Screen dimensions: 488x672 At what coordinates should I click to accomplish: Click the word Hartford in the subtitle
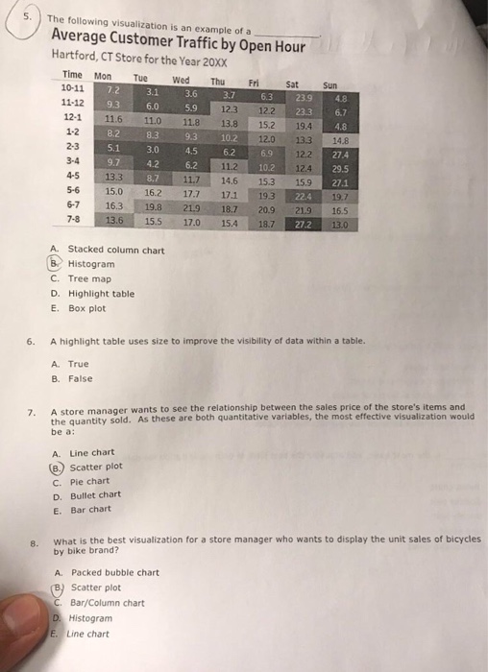(x=74, y=56)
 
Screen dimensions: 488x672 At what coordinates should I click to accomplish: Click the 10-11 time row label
(x=73, y=86)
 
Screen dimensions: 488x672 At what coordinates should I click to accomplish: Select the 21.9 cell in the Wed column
(x=187, y=207)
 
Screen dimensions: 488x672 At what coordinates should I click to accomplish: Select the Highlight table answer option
(x=100, y=294)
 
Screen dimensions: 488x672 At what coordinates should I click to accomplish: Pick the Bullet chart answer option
(x=95, y=495)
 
